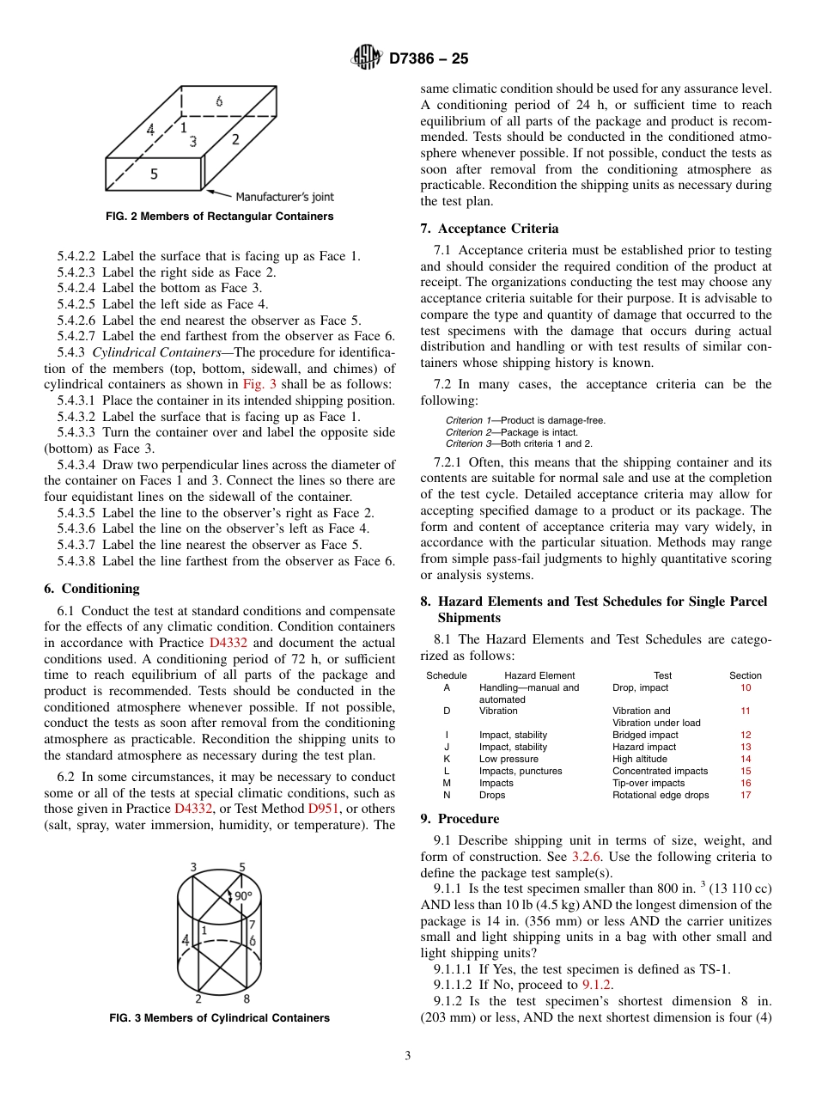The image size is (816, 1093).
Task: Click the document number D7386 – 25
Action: coord(429,59)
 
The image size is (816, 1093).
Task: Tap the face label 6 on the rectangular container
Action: coord(219,101)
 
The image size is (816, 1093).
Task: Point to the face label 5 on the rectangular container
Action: coord(154,174)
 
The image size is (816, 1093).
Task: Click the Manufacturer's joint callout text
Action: coord(285,197)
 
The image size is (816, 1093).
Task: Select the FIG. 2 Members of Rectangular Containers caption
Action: coord(219,217)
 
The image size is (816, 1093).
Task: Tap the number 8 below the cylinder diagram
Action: coord(247,998)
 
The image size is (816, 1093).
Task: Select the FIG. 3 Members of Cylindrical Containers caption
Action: coord(219,1017)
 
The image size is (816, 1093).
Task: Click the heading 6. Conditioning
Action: coord(91,589)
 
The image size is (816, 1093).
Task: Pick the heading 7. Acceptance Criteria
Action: coord(489,229)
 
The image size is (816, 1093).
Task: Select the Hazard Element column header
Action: coord(539,675)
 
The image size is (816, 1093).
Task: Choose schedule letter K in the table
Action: coord(447,759)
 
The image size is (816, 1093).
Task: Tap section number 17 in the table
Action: coord(745,795)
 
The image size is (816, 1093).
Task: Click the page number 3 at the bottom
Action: coord(408,1056)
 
